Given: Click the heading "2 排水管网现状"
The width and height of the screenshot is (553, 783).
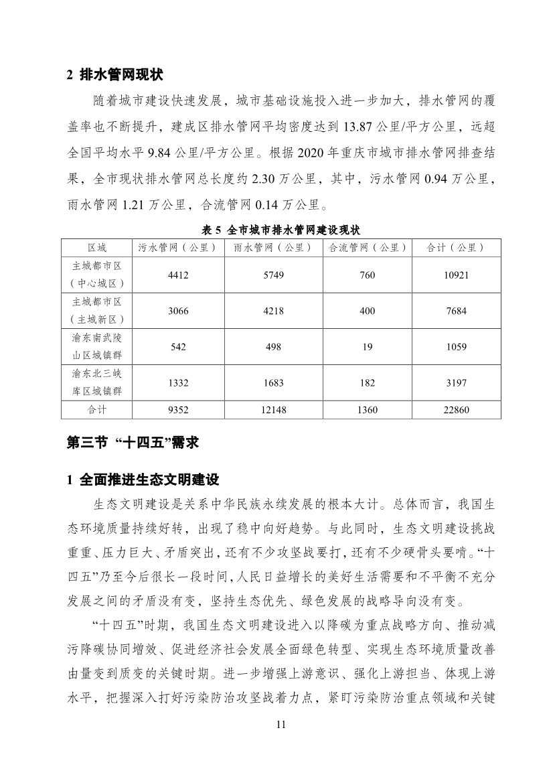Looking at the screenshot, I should (x=114, y=74).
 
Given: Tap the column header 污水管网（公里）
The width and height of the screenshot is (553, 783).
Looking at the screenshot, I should (x=177, y=248).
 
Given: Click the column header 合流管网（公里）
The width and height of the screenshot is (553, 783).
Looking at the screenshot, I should (x=367, y=248).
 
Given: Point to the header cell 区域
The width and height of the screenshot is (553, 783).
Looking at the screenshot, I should (x=96, y=248).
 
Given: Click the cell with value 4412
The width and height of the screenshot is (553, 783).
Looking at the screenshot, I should (x=177, y=275).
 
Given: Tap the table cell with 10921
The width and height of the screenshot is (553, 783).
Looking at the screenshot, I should (x=455, y=275).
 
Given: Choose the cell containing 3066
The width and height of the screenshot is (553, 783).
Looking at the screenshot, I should (x=177, y=311).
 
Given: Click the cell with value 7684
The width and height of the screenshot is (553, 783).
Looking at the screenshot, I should (x=455, y=311).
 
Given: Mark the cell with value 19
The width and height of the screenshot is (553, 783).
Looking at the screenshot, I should (x=367, y=347).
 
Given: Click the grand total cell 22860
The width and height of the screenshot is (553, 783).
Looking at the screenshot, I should (x=455, y=409).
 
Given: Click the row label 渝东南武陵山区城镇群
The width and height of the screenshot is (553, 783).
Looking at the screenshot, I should (x=96, y=347).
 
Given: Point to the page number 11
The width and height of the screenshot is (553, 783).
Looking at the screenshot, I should (x=281, y=725).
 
